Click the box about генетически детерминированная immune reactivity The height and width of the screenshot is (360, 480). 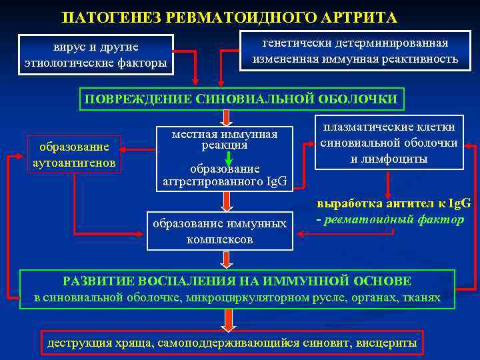[355, 51]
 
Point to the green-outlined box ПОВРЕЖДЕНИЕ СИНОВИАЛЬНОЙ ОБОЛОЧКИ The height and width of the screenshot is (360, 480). [241, 99]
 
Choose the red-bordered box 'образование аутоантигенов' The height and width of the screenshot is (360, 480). [73, 154]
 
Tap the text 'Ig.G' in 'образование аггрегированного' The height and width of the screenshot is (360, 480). [275, 181]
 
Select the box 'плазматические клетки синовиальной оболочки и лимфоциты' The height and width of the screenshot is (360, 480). [389, 143]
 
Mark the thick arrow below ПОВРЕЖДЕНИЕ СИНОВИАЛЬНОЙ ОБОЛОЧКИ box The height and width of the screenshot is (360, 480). [228, 117]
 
